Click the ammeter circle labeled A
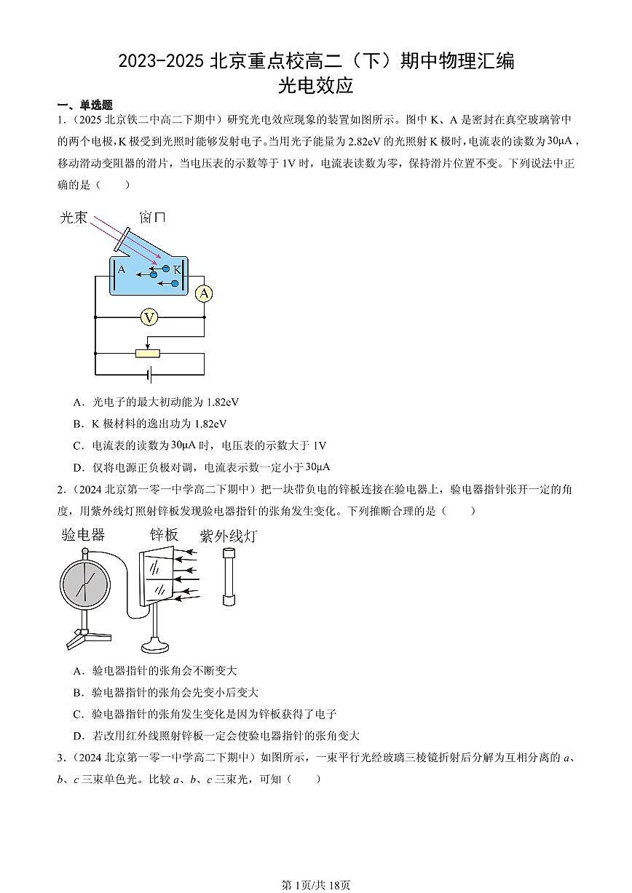205,293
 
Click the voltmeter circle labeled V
149,317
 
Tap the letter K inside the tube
176,269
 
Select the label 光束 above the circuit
74,217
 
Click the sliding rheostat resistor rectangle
149,353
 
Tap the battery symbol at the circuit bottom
149,375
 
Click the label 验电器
83,535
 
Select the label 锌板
164,535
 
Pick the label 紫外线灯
228,536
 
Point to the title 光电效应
315,86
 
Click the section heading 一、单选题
84,106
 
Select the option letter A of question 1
77,402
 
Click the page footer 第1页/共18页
315,884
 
